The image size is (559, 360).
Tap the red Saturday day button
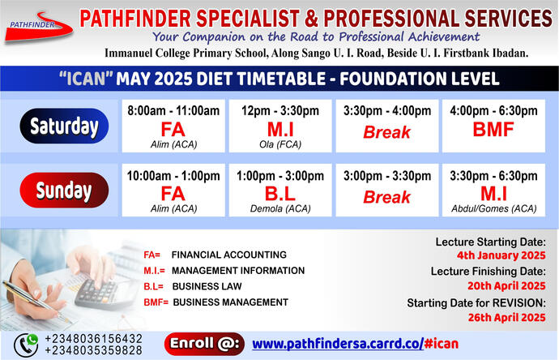(x=64, y=126)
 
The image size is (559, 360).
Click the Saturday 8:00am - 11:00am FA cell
(x=173, y=126)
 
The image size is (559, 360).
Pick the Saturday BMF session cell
(x=493, y=126)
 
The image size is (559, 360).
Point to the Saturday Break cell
(x=386, y=126)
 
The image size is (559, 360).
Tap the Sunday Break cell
(x=386, y=191)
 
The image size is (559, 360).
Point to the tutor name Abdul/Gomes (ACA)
(x=493, y=208)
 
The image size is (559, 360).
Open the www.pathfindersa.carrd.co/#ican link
(x=355, y=343)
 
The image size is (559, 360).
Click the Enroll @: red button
(x=204, y=343)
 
